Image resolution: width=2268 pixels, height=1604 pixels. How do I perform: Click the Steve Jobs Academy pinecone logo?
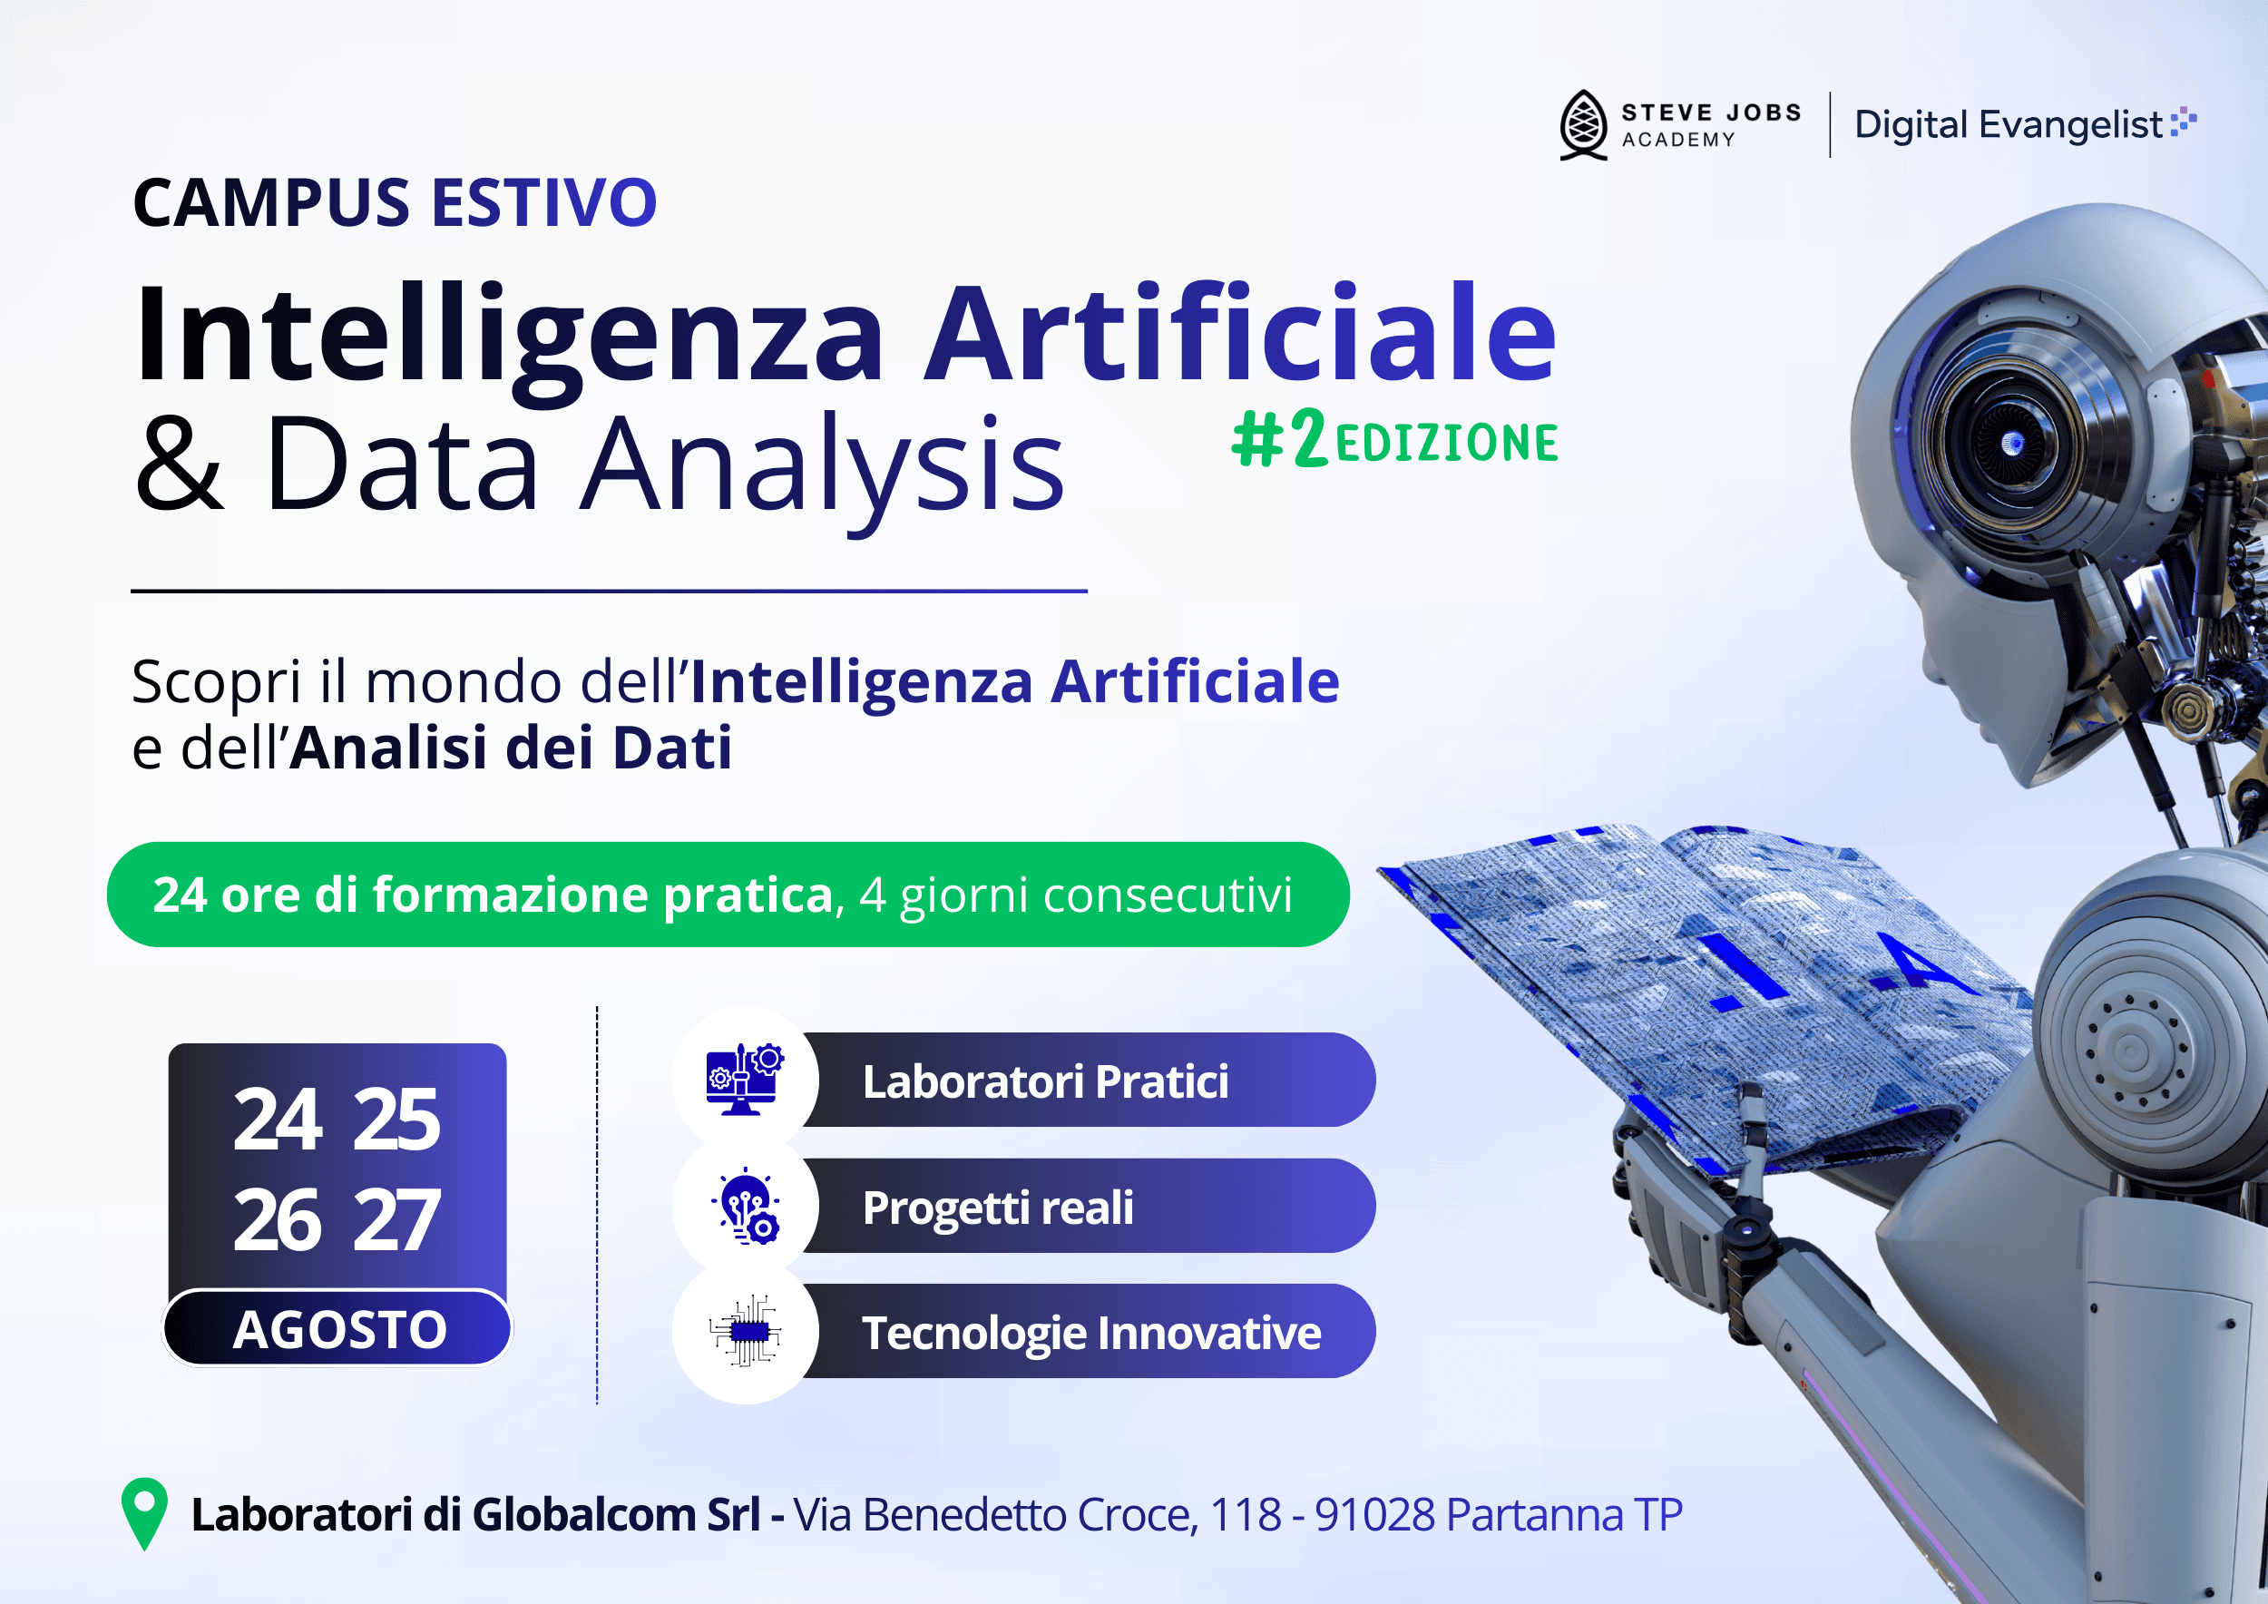click(1583, 125)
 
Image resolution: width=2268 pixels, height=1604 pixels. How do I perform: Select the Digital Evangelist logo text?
click(2009, 125)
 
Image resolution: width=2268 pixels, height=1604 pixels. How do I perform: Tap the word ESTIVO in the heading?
click(543, 203)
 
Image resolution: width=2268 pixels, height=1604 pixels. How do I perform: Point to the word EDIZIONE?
click(1446, 443)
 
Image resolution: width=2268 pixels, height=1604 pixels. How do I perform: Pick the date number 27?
click(396, 1221)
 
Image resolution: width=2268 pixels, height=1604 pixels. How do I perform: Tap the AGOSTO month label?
click(338, 1329)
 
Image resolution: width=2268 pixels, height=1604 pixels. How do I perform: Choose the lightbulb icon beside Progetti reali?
click(746, 1206)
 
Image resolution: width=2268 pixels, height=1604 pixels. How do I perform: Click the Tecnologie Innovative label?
click(1090, 1333)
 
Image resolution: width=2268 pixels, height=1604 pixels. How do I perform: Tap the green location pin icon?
click(144, 1512)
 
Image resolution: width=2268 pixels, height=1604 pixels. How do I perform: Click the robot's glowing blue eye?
click(2012, 444)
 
